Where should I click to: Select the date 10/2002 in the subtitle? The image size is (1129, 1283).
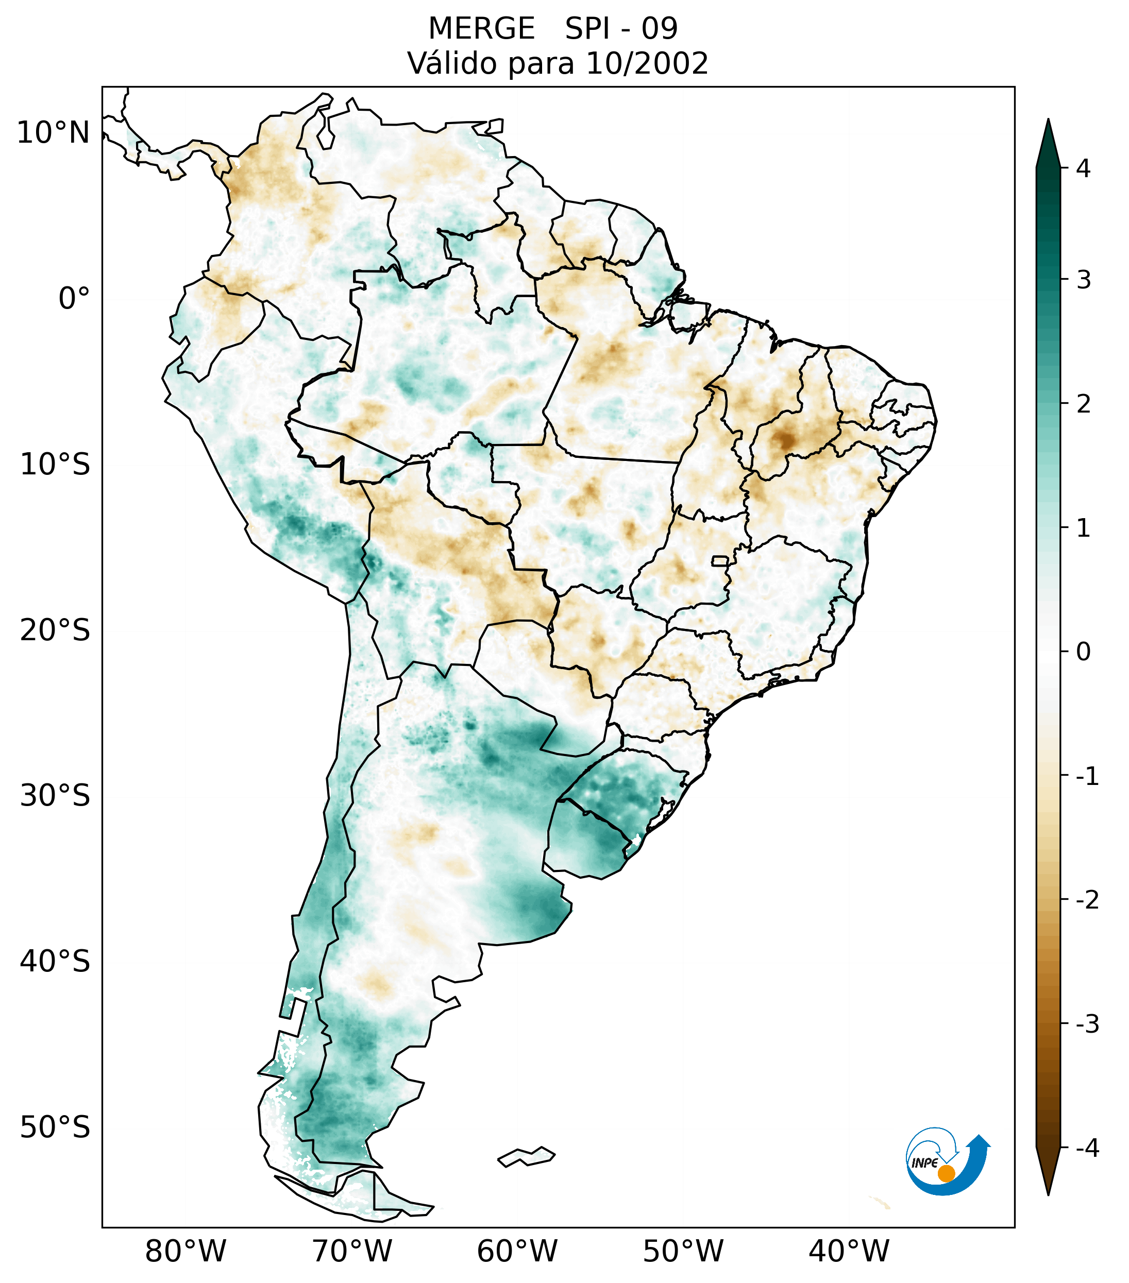click(x=646, y=63)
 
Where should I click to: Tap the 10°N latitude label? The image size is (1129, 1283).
click(x=54, y=133)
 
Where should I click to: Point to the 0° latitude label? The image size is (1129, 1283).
click(x=74, y=299)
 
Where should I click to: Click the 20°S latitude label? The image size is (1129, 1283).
click(x=55, y=630)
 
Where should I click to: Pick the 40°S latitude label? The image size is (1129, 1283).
click(x=55, y=962)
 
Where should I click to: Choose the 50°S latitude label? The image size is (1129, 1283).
click(x=55, y=1127)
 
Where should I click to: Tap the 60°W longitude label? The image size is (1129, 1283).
click(x=517, y=1251)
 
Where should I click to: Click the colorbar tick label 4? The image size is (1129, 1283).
click(x=1083, y=168)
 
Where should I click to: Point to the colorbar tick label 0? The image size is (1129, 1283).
click(x=1083, y=652)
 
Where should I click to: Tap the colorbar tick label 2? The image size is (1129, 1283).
click(x=1083, y=404)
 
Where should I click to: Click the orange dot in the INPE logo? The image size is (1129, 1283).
click(x=946, y=1173)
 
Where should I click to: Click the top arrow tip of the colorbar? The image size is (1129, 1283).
click(x=1048, y=121)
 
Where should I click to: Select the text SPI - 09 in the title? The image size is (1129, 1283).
click(x=621, y=29)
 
